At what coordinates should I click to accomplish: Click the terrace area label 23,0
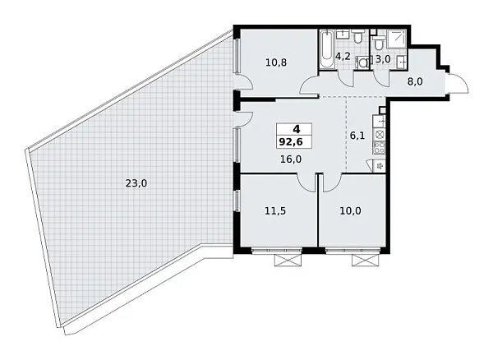(x=136, y=184)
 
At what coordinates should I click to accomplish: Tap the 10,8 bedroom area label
(x=275, y=61)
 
